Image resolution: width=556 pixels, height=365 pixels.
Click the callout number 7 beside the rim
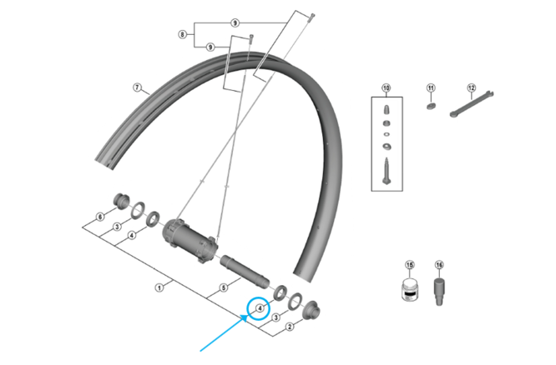pos(137,87)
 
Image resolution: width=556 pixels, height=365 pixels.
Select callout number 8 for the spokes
pos(183,35)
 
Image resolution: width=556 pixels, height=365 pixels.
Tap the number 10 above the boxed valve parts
pos(387,87)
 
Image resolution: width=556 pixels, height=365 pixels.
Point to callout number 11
pos(431,87)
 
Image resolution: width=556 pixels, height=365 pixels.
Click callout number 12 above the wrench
pos(471,87)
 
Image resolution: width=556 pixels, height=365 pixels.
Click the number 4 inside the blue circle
pos(260,308)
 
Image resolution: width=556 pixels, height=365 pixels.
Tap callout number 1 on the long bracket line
pos(159,288)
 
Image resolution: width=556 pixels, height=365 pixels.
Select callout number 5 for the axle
pos(224,288)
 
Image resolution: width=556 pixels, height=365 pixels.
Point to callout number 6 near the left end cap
pos(99,217)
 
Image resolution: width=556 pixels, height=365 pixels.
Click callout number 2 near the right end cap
pos(290,327)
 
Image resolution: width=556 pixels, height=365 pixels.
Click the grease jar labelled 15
pos(410,292)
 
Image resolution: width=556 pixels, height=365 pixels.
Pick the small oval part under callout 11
pos(432,105)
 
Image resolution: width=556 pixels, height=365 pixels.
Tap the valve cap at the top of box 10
pos(387,108)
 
